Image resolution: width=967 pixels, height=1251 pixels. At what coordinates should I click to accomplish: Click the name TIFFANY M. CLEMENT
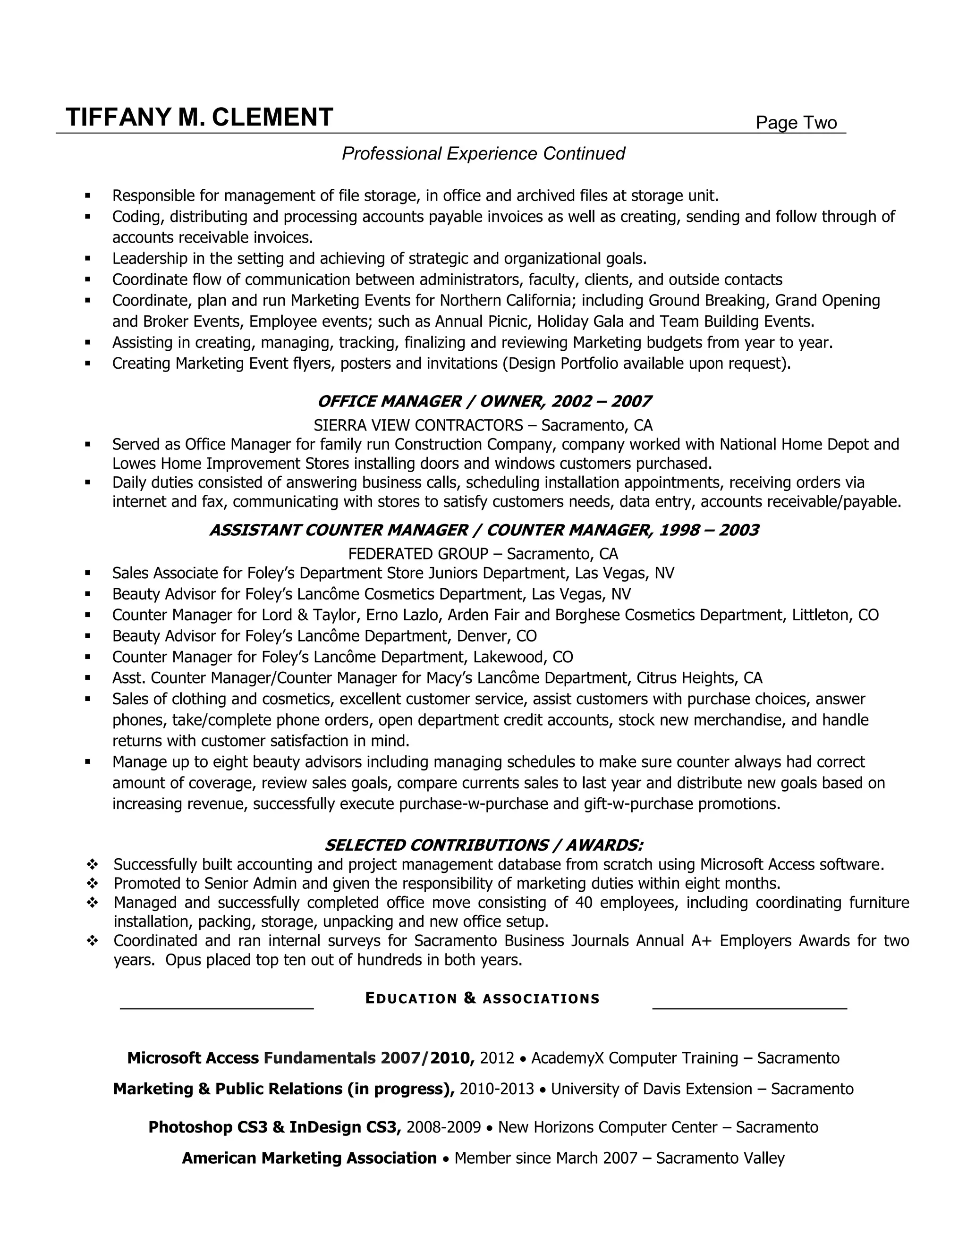[199, 118]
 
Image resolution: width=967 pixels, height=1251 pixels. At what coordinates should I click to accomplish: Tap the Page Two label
[796, 123]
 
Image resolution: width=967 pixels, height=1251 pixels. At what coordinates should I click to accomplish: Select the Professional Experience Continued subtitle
[483, 153]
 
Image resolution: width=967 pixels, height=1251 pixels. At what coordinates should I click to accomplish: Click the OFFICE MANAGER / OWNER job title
[483, 401]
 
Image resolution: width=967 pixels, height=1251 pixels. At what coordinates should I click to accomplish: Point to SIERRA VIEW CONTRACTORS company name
[418, 425]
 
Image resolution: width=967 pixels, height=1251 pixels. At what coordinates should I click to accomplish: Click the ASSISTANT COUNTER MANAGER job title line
[483, 530]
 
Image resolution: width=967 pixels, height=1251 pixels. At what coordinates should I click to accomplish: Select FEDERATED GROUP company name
[418, 554]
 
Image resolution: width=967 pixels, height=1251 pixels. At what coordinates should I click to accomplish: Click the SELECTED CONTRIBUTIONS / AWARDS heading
[483, 845]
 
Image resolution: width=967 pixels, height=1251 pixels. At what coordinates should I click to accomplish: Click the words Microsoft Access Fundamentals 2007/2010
[301, 1058]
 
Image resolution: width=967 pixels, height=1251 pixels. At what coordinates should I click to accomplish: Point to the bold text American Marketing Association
[309, 1158]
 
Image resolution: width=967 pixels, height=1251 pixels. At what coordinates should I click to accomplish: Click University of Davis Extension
[651, 1089]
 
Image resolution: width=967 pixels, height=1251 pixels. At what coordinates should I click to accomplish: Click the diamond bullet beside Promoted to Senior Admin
[92, 884]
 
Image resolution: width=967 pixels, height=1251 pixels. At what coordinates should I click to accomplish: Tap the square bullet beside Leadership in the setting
[88, 259]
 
